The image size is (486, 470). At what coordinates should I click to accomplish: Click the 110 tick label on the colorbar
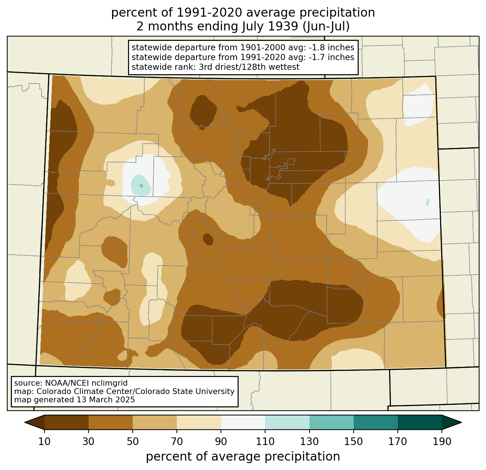point(265,441)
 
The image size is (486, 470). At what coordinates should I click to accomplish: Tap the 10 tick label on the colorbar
point(44,441)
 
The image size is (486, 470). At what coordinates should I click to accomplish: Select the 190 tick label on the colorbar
point(442,441)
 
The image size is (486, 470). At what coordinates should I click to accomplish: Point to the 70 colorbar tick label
point(177,441)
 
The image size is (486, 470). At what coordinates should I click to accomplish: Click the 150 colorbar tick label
point(353,441)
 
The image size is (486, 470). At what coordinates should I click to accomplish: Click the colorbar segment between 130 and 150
point(331,422)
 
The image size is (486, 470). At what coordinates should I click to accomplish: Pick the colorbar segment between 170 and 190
point(420,422)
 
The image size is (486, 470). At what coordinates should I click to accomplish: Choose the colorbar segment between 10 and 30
point(67,422)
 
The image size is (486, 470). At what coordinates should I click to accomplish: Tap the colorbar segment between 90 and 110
point(243,422)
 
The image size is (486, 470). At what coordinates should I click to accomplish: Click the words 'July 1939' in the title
point(270,26)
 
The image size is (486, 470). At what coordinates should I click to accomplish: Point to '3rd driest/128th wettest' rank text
point(249,67)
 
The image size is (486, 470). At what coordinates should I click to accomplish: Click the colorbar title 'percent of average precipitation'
point(243,457)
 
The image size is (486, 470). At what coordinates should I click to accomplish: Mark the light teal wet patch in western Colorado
point(141,185)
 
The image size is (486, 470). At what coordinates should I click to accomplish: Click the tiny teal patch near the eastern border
point(428,202)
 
